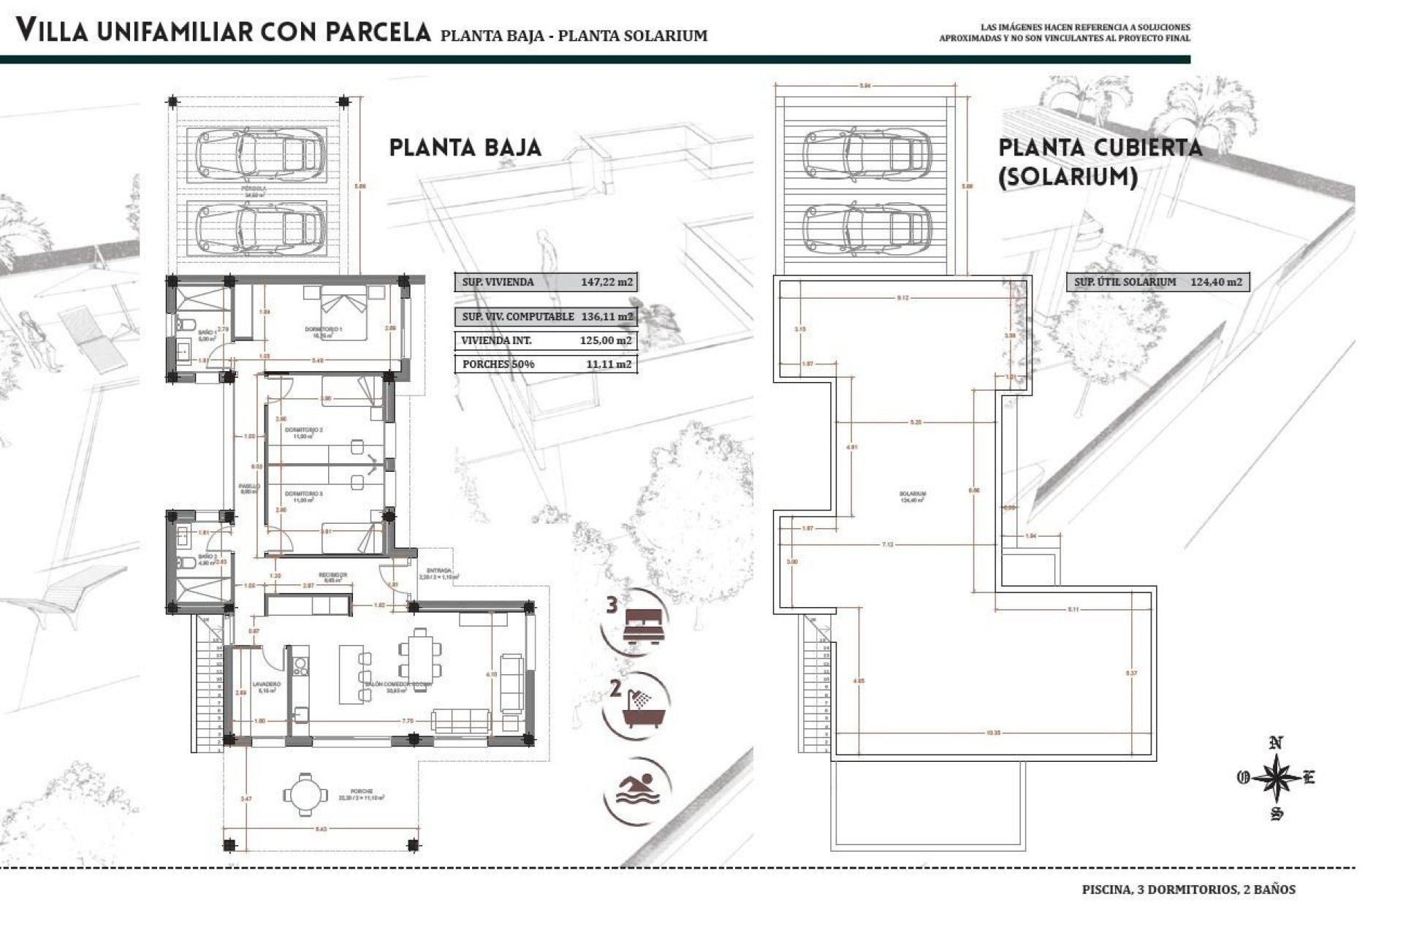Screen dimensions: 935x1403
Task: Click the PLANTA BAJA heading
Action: [465, 148]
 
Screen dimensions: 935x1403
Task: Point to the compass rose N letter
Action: [1277, 744]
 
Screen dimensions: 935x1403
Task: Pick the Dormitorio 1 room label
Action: [324, 330]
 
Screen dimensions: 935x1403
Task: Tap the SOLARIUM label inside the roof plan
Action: [913, 495]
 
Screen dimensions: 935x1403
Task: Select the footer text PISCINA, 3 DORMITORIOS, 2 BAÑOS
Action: [1188, 890]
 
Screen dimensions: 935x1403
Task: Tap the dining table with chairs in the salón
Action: [420, 652]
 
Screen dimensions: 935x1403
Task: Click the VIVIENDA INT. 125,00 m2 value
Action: [606, 340]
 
